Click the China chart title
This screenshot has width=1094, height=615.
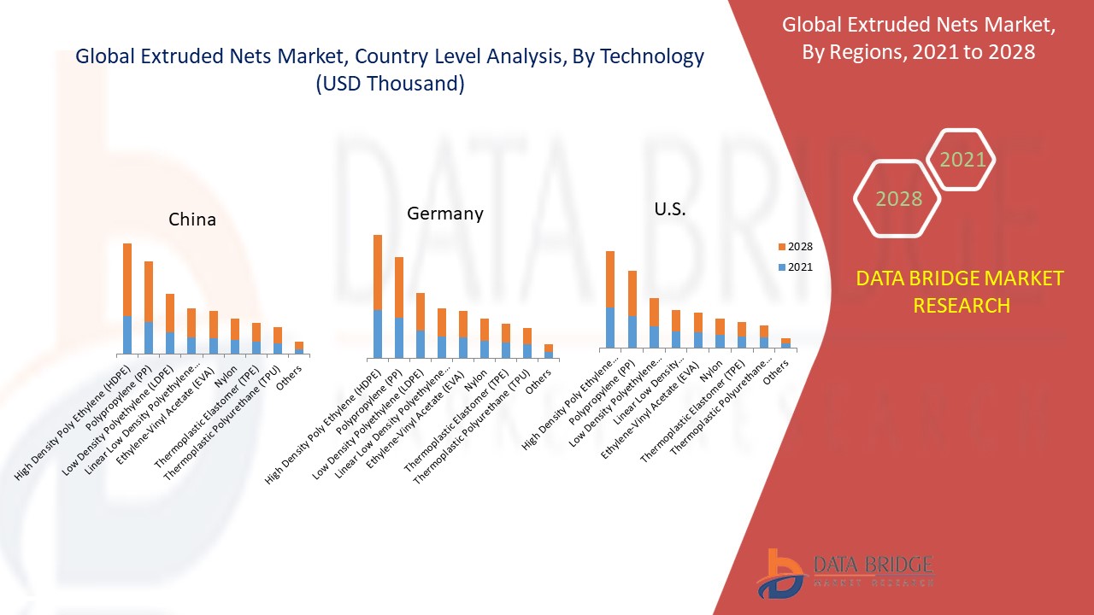(192, 220)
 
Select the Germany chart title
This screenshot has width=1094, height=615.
(444, 214)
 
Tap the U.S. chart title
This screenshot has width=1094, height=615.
(670, 209)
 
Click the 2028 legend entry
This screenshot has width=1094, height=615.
(794, 247)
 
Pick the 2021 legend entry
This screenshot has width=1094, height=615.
(794, 267)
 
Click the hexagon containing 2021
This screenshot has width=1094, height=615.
(962, 160)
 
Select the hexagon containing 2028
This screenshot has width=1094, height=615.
(897, 198)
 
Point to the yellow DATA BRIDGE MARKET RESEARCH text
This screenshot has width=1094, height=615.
(961, 291)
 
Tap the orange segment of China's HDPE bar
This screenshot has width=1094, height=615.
(127, 279)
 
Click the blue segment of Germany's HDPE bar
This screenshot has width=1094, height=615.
(378, 334)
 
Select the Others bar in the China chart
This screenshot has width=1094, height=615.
(299, 348)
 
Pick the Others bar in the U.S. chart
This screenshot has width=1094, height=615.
(785, 343)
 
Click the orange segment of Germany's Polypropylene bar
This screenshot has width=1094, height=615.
(399, 287)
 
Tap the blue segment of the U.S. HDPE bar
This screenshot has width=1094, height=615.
(610, 327)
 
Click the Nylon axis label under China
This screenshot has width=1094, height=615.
(226, 378)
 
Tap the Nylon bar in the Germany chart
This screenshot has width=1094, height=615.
(485, 338)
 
